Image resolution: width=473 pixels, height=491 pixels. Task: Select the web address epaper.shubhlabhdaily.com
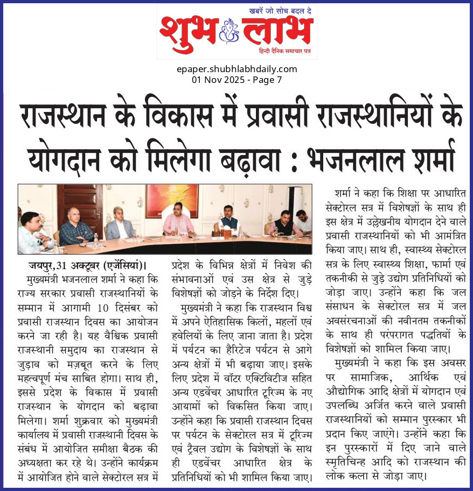coord(236,69)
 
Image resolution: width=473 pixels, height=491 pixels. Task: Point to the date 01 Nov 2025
coord(218,80)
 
